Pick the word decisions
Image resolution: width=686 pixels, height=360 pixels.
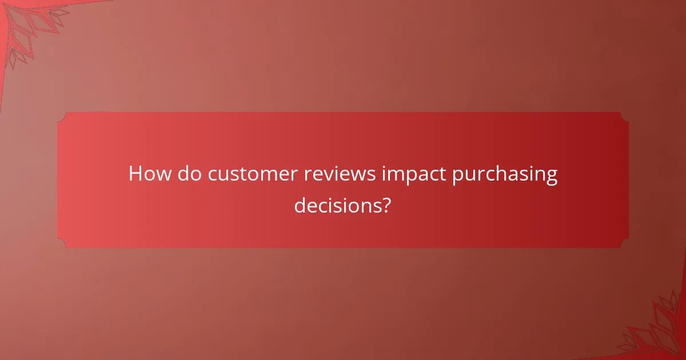click(x=337, y=205)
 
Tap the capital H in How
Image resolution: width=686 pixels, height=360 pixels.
click(x=135, y=174)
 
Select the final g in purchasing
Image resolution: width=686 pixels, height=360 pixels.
click(x=551, y=177)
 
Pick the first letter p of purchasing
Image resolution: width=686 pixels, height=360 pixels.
click(x=458, y=177)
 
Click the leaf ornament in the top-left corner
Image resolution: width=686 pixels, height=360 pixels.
click(x=29, y=26)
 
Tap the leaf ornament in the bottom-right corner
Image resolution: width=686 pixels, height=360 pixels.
click(x=657, y=331)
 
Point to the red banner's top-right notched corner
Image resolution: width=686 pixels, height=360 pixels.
click(x=624, y=117)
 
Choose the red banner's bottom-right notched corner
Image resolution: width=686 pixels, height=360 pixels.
click(x=624, y=243)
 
